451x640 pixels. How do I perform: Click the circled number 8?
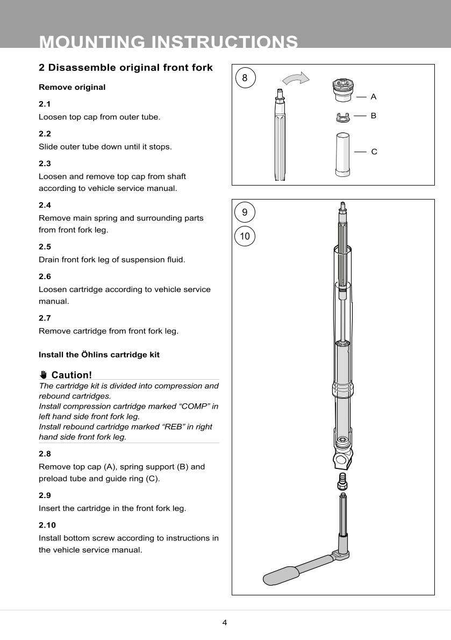(x=245, y=78)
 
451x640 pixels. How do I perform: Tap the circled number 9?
(x=245, y=212)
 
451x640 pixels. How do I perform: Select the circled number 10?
(x=245, y=236)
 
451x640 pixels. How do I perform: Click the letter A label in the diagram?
(x=374, y=97)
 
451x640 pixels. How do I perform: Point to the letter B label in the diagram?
(x=374, y=116)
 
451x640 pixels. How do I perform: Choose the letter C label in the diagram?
(x=374, y=152)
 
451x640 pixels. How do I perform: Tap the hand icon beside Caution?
(x=44, y=375)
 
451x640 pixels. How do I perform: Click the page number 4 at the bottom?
(x=225, y=623)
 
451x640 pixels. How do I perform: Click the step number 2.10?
(x=47, y=525)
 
